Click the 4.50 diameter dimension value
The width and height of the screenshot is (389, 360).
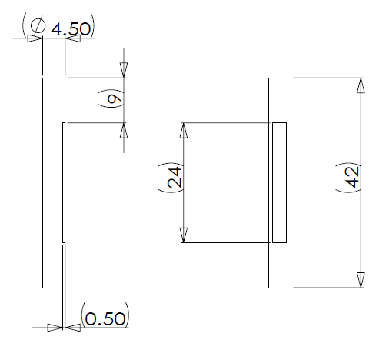pos(71,29)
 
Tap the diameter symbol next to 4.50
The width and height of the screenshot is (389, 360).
pos(38,25)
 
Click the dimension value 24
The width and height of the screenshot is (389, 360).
pos(175,177)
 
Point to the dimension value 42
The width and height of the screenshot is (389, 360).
pos(352,177)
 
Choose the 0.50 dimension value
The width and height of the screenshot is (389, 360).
pos(105,319)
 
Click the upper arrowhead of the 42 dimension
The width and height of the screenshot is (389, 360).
pos(361,85)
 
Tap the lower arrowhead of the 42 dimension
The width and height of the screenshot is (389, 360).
pos(361,280)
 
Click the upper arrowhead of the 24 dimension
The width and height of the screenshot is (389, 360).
pos(183,131)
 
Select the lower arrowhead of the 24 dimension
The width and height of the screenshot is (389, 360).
pos(183,235)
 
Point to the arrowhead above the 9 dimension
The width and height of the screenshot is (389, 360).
pos(124,70)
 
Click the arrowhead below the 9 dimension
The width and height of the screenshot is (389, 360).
pos(124,131)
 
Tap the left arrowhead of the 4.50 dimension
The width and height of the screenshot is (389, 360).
pos(35,38)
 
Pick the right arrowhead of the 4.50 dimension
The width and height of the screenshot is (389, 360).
pos(73,38)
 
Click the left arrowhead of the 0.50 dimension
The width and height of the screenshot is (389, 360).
pos(55,328)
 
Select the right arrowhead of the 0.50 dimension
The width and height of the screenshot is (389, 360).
pos(73,328)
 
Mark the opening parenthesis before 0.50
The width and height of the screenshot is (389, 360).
pos(82,315)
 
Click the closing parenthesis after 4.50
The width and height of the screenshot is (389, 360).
pos(93,25)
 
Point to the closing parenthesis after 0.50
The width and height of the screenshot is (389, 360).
pos(128,315)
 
